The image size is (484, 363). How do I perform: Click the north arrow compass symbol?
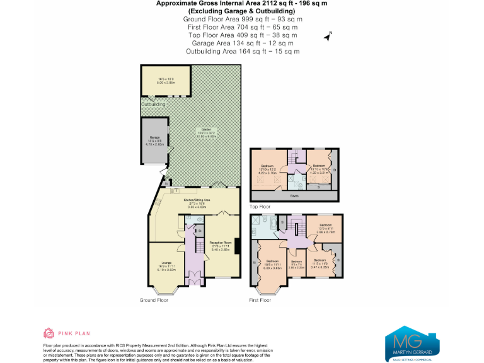[x=328, y=37]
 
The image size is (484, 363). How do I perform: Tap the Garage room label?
[x=154, y=137]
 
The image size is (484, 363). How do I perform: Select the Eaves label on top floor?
[x=294, y=196]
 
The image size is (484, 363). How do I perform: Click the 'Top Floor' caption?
[x=260, y=206]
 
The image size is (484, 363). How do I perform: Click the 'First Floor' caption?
[x=260, y=301]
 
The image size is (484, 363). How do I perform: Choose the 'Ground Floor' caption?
[x=154, y=301]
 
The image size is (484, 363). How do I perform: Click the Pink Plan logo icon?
[x=49, y=333]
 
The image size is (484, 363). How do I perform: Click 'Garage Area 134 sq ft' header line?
[x=241, y=43]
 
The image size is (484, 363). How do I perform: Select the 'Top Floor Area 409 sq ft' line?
[x=241, y=35]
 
